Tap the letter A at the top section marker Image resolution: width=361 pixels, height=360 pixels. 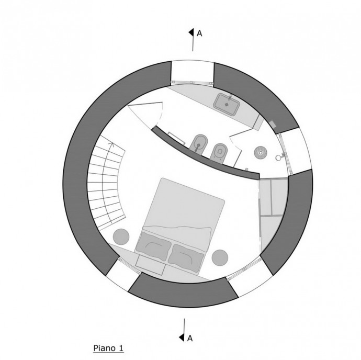199,33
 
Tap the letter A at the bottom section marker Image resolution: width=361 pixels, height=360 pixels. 190,339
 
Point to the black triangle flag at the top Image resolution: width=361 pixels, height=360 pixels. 191,32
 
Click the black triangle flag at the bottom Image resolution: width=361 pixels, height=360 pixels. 182,337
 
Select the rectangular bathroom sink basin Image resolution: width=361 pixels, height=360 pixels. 227,104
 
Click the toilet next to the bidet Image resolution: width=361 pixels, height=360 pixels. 219,152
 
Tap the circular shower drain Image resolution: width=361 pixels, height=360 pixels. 261,152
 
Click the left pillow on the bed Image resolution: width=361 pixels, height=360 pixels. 153,246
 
